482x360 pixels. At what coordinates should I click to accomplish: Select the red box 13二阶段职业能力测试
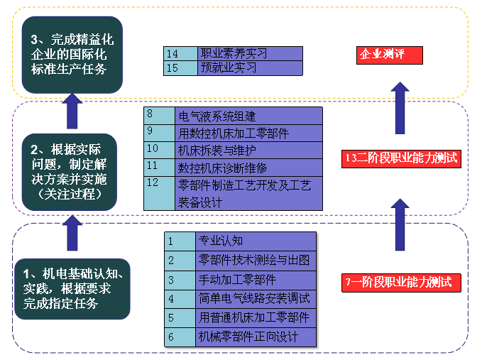[x=402, y=159]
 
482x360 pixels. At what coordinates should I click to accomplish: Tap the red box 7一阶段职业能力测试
[x=401, y=282]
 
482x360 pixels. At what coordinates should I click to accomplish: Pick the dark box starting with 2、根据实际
[x=68, y=172]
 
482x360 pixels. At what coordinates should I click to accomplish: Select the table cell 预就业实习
[x=250, y=68]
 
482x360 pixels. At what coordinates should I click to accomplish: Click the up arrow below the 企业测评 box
[x=400, y=107]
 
